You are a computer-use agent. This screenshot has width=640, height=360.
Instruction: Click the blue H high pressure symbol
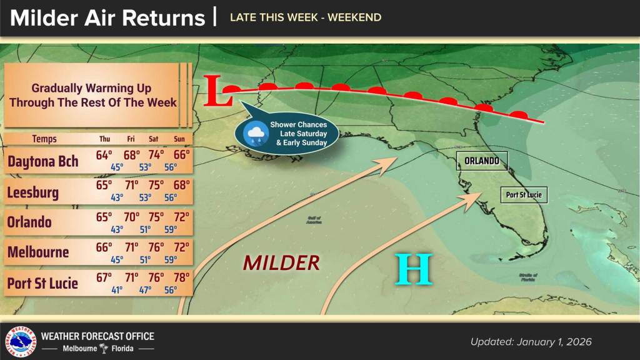[414, 269]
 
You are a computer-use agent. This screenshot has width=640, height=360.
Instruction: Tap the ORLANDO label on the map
[481, 161]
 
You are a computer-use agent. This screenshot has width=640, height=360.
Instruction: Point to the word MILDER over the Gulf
[281, 263]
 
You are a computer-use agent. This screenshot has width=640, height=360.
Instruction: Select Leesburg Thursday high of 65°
[104, 186]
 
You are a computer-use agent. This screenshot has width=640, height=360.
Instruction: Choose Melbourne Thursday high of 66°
[104, 247]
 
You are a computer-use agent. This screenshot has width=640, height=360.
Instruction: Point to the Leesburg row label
[33, 192]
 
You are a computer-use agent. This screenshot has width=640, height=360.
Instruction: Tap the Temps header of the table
[44, 139]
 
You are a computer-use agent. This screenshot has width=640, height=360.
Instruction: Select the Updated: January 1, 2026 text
[531, 342]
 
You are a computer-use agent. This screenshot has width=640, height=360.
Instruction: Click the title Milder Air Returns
[107, 17]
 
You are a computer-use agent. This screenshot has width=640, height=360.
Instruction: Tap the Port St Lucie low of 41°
[117, 289]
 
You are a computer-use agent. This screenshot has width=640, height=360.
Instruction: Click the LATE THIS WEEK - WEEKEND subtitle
[305, 17]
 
